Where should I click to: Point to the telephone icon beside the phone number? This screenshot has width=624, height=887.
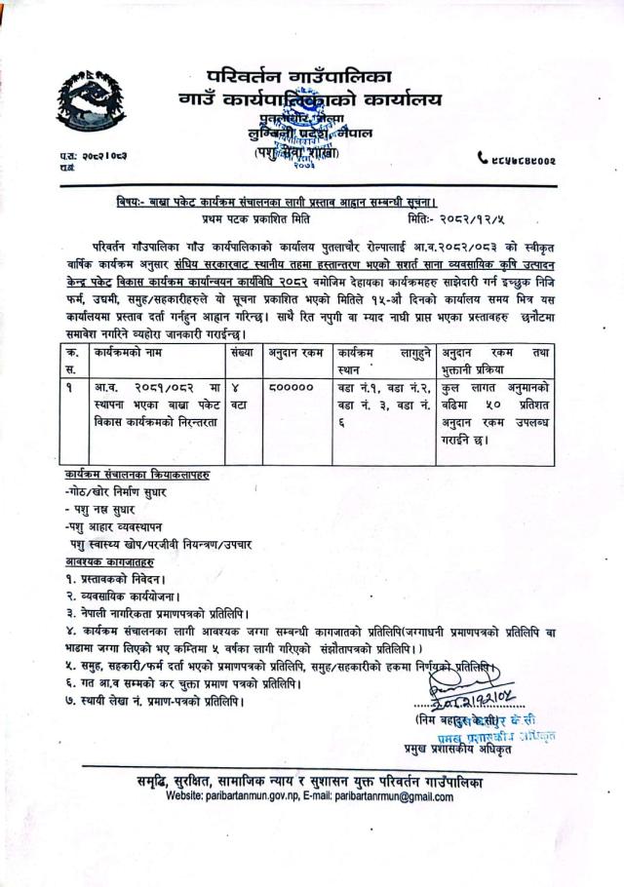pyautogui.click(x=483, y=158)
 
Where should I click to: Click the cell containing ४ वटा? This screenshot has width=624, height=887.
pyautogui.click(x=240, y=395)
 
